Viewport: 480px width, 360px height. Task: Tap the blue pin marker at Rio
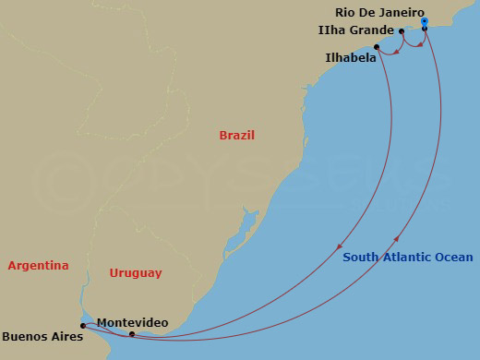point(424,20)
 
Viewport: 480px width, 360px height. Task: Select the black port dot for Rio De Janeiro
point(425,29)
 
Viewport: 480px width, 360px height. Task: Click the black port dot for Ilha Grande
point(402,31)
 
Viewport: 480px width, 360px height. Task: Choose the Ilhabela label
point(350,57)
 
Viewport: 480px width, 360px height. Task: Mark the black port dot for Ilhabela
point(377,47)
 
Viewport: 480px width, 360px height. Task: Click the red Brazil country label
point(236,136)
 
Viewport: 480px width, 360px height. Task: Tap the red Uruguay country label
point(136,272)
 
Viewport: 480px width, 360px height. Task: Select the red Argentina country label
point(38,266)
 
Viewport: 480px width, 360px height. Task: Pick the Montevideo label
point(132,321)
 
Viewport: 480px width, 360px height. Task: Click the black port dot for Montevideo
point(132,334)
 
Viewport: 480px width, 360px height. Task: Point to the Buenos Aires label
point(42,337)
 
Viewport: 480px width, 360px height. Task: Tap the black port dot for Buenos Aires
point(82,325)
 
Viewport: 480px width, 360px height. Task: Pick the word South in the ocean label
point(360,258)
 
